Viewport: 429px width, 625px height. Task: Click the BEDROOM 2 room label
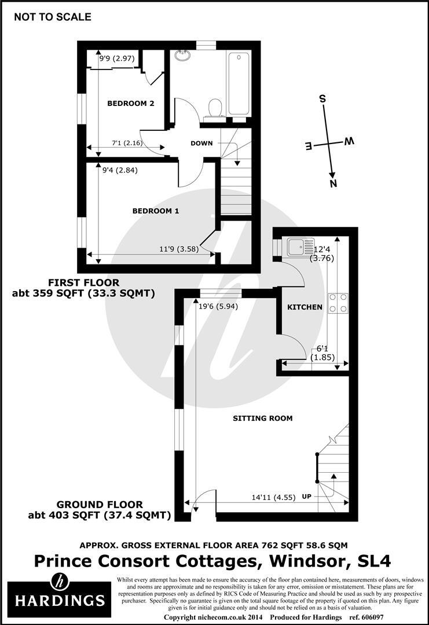(131, 104)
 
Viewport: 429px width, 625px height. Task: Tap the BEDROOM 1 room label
(156, 211)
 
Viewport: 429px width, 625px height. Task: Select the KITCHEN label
(305, 307)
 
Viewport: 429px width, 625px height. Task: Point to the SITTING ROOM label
(263, 418)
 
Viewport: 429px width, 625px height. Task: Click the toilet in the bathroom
(215, 108)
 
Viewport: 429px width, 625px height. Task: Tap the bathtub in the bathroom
(239, 84)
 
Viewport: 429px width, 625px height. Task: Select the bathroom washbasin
(184, 55)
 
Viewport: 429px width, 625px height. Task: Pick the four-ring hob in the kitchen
(338, 303)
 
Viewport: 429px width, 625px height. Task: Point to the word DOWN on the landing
(201, 143)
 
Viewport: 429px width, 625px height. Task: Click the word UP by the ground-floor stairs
(306, 497)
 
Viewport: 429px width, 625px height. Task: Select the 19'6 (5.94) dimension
(218, 306)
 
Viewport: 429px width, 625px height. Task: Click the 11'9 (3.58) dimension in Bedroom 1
(179, 249)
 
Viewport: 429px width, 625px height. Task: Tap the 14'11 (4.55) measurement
(273, 498)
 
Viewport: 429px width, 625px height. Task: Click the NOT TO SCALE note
(52, 17)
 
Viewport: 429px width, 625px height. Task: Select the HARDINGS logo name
(60, 600)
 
